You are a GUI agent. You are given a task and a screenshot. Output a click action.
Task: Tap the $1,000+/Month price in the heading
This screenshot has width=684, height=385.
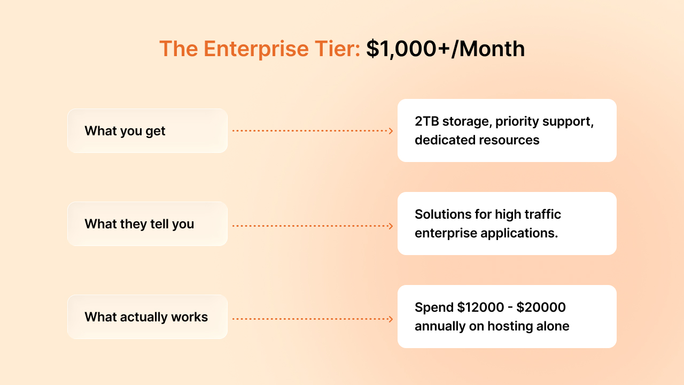pyautogui.click(x=445, y=49)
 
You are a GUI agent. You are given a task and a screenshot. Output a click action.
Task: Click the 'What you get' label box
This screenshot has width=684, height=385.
pyautogui.click(x=147, y=131)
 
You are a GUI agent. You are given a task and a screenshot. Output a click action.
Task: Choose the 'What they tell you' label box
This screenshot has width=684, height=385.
pyautogui.click(x=147, y=224)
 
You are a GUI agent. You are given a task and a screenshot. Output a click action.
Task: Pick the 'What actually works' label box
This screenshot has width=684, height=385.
pyautogui.click(x=147, y=317)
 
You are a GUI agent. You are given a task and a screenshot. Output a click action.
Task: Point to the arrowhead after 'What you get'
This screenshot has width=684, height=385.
pyautogui.click(x=391, y=131)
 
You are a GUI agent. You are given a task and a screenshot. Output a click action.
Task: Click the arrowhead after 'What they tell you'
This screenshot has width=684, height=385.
pyautogui.click(x=391, y=226)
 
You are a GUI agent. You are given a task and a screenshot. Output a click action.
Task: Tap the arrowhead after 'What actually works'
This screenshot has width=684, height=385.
pyautogui.click(x=391, y=319)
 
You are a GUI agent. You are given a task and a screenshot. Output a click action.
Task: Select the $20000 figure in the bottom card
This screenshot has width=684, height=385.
pyautogui.click(x=542, y=307)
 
